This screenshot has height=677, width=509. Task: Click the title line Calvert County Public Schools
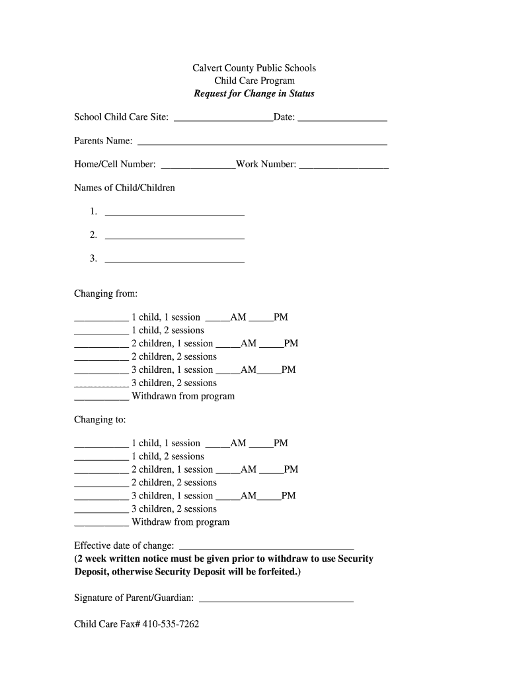point(254,68)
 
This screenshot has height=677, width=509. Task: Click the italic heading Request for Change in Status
point(254,93)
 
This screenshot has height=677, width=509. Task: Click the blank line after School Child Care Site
point(222,119)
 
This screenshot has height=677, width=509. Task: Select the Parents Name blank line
point(261,142)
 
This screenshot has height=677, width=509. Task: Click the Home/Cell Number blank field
point(198,166)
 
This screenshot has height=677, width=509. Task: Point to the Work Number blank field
point(344,166)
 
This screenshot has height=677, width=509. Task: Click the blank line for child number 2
point(175,237)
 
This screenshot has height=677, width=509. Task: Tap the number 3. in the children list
point(93,259)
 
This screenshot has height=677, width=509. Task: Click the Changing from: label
point(106,294)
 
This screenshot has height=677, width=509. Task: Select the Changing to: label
point(100,420)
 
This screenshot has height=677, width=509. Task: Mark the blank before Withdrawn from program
point(101,399)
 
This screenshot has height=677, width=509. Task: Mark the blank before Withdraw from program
point(101,524)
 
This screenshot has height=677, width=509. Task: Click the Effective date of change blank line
point(266,547)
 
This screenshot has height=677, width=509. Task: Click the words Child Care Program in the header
point(254,81)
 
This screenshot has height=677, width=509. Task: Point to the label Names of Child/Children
point(124,188)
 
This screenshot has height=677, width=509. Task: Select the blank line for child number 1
point(175,214)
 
